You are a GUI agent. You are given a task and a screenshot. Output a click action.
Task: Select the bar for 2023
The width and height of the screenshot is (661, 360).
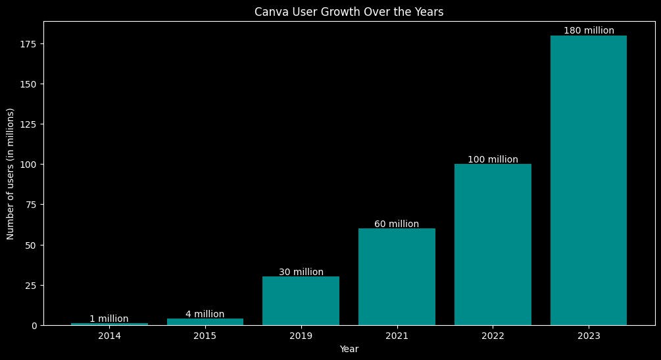(x=589, y=180)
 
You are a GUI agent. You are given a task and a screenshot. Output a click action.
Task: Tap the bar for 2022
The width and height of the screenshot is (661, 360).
(x=493, y=244)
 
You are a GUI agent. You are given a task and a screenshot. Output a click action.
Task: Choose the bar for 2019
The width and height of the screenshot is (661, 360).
(x=301, y=301)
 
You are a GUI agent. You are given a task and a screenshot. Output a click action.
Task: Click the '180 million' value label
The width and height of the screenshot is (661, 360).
(x=589, y=30)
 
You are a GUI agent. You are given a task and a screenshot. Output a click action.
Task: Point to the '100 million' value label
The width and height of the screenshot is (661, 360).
(x=493, y=159)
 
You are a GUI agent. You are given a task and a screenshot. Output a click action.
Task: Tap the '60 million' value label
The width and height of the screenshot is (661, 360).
(x=397, y=224)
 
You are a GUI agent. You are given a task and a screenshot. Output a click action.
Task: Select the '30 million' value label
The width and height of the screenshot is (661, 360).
(x=301, y=272)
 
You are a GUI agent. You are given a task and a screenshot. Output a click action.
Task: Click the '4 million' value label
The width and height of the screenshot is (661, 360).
(x=205, y=314)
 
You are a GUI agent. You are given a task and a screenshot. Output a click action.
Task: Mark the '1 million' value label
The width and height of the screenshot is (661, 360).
(x=109, y=319)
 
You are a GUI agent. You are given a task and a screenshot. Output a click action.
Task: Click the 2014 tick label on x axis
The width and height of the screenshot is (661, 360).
(x=109, y=336)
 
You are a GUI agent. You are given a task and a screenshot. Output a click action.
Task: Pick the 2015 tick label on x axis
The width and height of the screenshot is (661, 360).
(x=205, y=336)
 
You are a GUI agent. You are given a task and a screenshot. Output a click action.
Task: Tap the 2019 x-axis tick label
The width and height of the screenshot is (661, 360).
(x=301, y=336)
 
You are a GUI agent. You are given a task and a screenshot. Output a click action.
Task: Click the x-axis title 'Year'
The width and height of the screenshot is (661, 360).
(x=349, y=349)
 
